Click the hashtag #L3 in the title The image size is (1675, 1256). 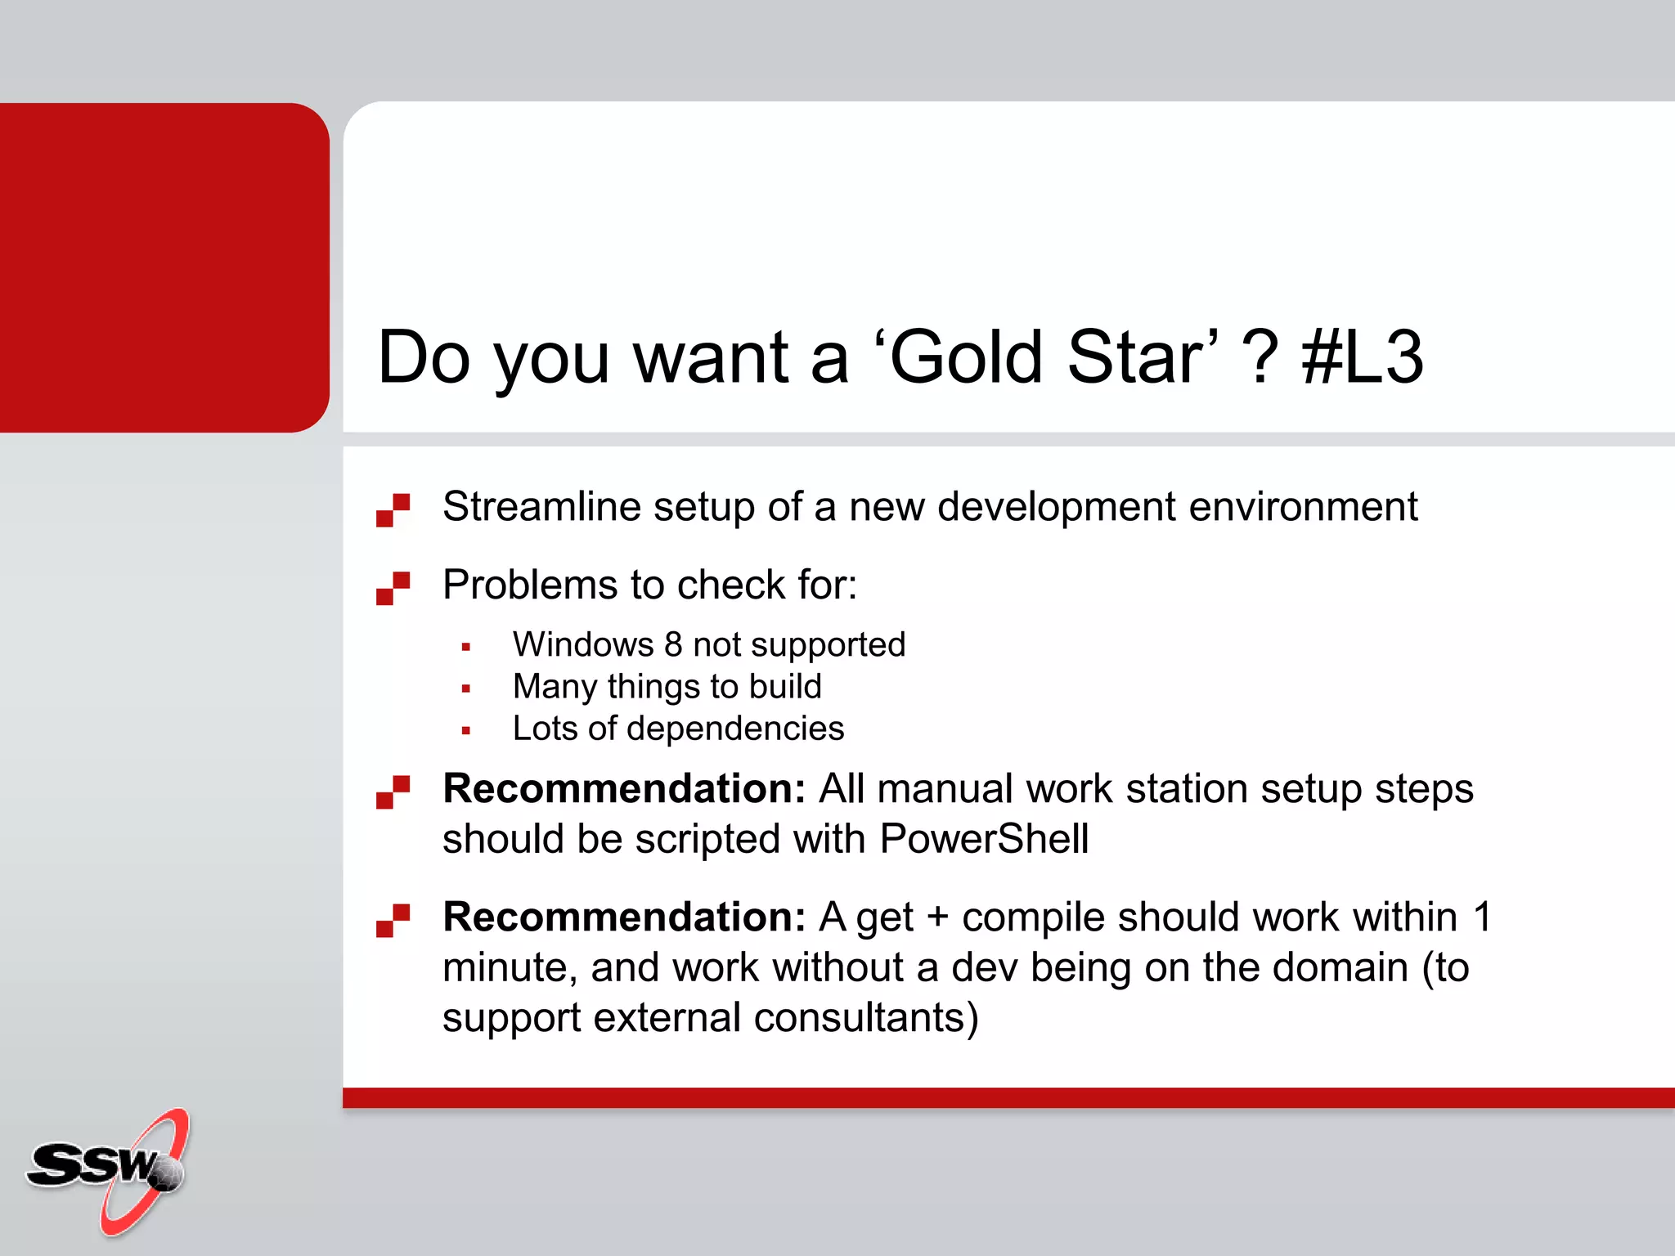(1363, 357)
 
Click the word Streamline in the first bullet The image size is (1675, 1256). (541, 506)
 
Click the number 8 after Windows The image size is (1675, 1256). (673, 645)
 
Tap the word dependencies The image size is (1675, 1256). (735, 729)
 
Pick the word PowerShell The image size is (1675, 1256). (984, 839)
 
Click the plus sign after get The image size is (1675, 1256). (937, 917)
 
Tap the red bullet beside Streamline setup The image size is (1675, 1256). (393, 510)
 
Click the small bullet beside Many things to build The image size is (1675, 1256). (465, 689)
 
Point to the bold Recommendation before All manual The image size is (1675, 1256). (624, 789)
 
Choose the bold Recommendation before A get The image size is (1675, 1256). (624, 917)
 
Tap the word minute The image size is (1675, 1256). (504, 968)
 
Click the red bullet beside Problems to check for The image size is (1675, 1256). (393, 588)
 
